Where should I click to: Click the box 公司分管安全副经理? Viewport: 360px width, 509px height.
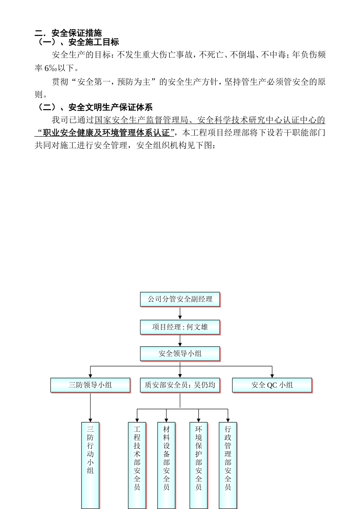(x=180, y=299)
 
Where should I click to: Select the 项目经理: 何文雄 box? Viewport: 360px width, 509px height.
(x=180, y=327)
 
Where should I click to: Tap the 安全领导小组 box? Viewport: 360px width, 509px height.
(x=180, y=354)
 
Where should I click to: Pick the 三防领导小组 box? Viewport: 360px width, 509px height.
(x=90, y=385)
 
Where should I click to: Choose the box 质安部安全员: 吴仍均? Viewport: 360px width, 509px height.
(x=180, y=385)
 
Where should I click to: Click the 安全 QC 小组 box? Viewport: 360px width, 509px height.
(x=272, y=385)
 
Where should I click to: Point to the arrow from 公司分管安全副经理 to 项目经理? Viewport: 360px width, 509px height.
(x=180, y=313)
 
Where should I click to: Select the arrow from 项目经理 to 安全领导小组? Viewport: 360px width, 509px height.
(x=180, y=341)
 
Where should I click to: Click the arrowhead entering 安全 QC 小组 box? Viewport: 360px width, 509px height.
(x=272, y=375)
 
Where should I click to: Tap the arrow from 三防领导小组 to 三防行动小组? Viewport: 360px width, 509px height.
(x=90, y=407)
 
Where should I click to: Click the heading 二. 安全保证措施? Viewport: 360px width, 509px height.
(x=68, y=33)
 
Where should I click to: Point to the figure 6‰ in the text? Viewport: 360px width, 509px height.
(x=51, y=68)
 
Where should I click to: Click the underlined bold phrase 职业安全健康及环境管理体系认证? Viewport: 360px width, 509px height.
(x=106, y=133)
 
